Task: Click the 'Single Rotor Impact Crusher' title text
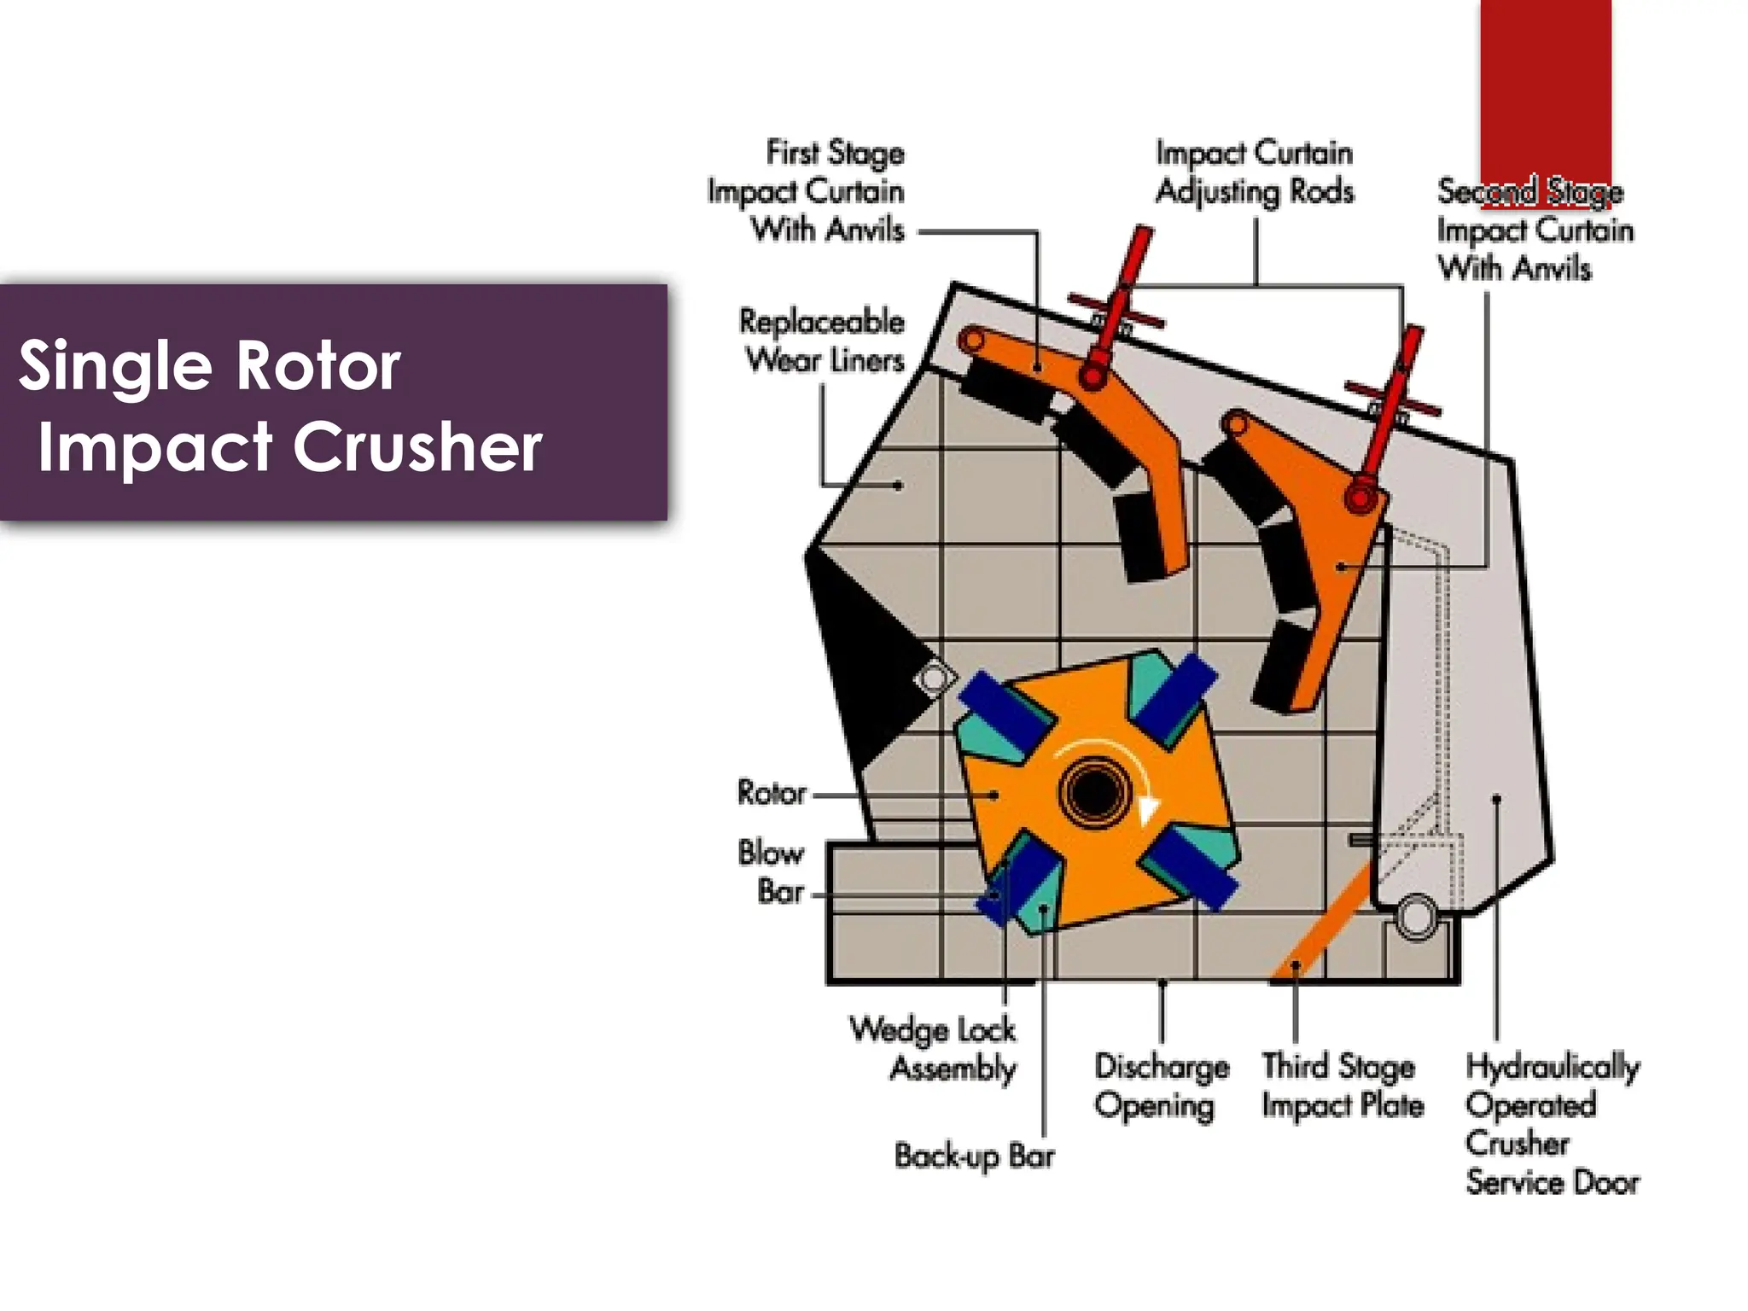point(282,405)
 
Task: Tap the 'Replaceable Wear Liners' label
point(823,341)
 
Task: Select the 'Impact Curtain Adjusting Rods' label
point(1255,172)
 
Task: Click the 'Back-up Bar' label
point(974,1156)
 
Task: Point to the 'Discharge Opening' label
point(1161,1086)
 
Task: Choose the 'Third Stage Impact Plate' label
point(1343,1086)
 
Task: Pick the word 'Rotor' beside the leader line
point(772,793)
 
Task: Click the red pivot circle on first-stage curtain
point(1092,376)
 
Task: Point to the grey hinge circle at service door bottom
point(1415,917)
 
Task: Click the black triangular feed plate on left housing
point(858,657)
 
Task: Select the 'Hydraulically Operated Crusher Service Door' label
point(1551,1124)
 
